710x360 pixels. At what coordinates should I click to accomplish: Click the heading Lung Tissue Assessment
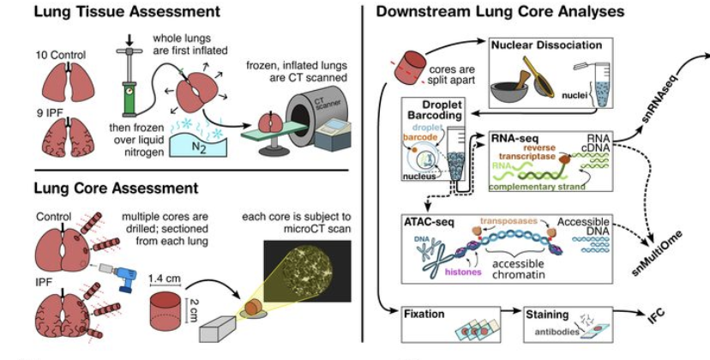point(127,11)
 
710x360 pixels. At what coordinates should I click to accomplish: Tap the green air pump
point(129,81)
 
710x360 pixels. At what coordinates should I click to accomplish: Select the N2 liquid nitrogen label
point(199,147)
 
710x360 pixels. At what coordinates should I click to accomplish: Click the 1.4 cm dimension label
point(165,279)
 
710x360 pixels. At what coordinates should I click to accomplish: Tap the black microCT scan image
point(307,271)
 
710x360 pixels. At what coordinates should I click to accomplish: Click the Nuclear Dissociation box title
point(546,45)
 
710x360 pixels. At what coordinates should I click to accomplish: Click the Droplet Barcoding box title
point(435,111)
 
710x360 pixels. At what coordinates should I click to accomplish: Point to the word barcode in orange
point(421,137)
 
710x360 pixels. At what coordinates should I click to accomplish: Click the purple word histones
point(463,273)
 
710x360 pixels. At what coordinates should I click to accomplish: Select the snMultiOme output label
point(657,254)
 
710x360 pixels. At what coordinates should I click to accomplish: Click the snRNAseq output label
point(661,99)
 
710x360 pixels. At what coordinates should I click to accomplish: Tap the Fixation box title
point(424,314)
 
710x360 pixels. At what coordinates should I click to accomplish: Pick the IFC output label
point(656,315)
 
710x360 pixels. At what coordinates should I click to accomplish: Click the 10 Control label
point(61,55)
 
